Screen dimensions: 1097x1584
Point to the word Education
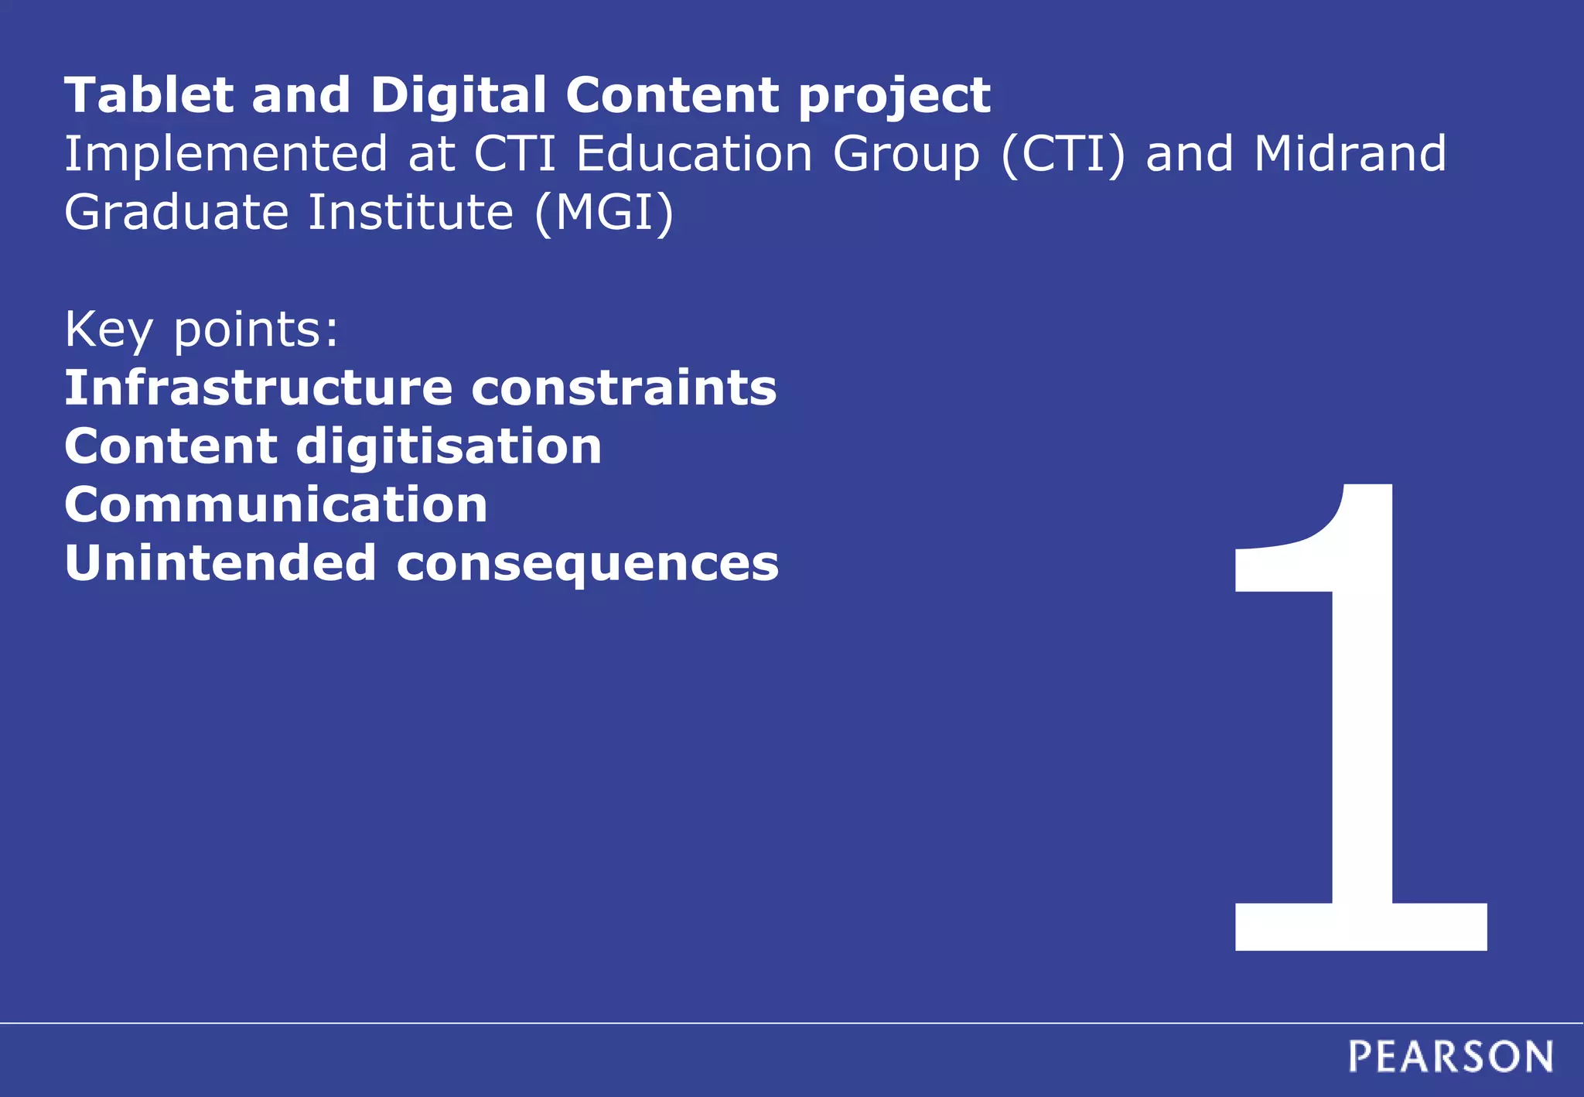(x=694, y=153)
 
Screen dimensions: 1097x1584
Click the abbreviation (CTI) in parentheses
(x=1063, y=153)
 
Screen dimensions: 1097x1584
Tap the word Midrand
(x=1350, y=153)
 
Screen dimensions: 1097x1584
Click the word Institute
(x=411, y=212)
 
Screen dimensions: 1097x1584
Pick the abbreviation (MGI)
(x=604, y=213)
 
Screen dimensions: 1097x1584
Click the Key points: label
(x=201, y=330)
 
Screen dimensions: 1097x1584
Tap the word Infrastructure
(x=258, y=388)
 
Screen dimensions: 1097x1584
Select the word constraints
(x=623, y=388)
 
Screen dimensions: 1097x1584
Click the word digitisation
(x=449, y=448)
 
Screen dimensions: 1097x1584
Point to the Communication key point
(x=276, y=505)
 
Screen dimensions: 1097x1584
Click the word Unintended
(x=220, y=563)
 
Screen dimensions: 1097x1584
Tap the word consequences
(x=588, y=565)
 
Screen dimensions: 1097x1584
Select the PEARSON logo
(x=1450, y=1057)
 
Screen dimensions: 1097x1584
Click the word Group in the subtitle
(x=906, y=155)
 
